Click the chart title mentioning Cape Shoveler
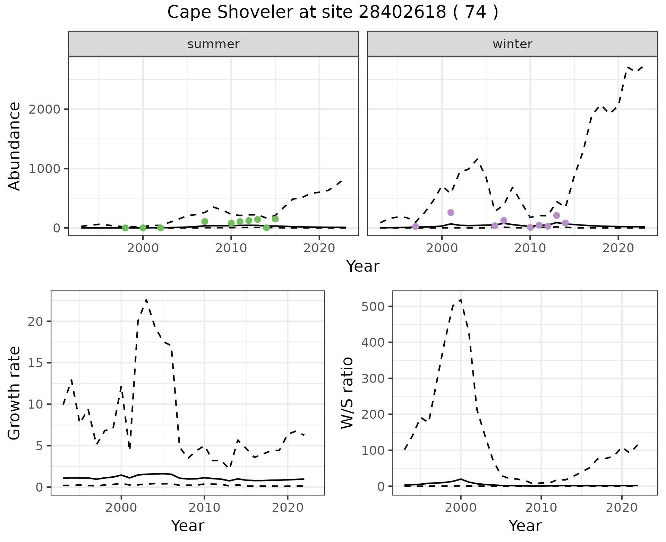[x=333, y=13]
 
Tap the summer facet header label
[x=213, y=44]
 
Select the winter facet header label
[x=512, y=44]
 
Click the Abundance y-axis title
[x=15, y=146]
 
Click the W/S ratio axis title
[x=347, y=393]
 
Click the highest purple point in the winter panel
[x=451, y=213]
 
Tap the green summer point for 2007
[x=205, y=222]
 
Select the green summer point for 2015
[x=275, y=219]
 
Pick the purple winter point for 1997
[x=416, y=227]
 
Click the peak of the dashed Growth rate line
[x=146, y=299]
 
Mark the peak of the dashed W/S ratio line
[x=460, y=299]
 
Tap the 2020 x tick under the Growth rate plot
[x=288, y=508]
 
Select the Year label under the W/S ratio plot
[x=525, y=526]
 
